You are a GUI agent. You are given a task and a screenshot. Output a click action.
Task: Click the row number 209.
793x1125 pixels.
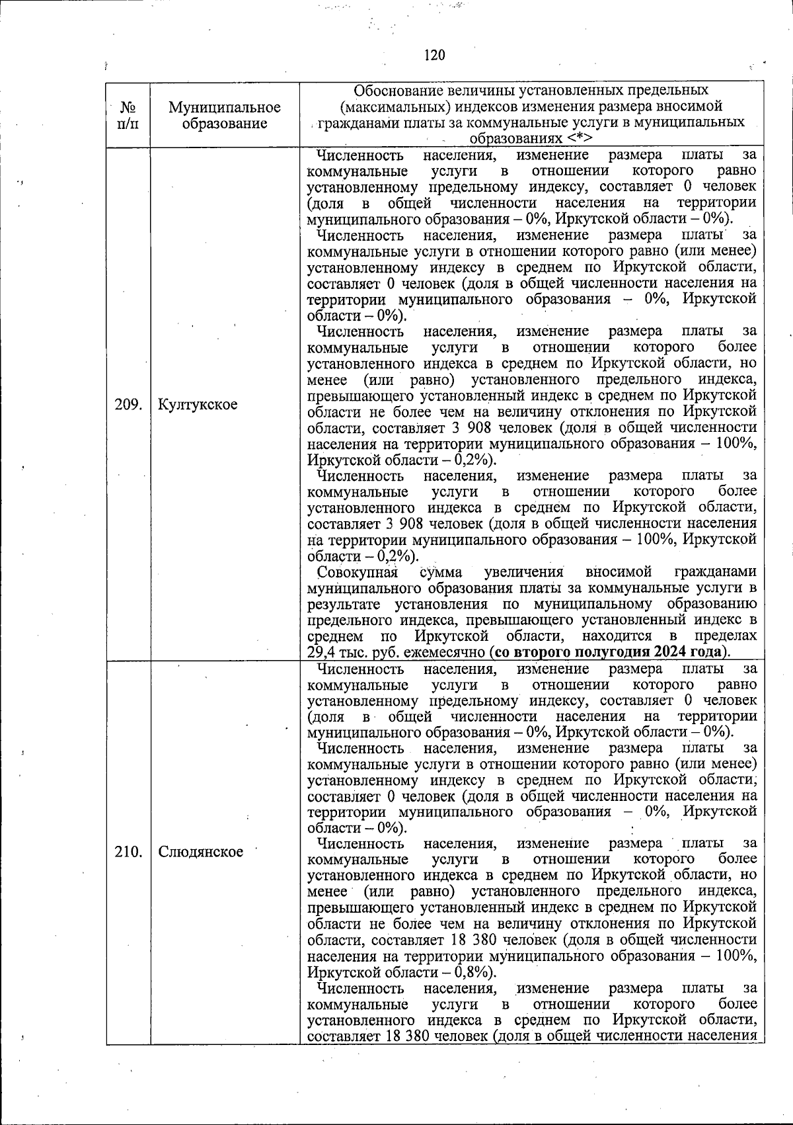click(x=129, y=404)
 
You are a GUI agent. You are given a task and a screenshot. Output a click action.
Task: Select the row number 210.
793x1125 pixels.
click(x=129, y=852)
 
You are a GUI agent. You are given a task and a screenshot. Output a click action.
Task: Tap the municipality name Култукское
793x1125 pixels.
click(x=198, y=404)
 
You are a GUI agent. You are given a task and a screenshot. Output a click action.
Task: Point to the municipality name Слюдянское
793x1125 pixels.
click(x=201, y=852)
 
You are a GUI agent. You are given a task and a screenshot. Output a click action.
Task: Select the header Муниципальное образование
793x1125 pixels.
click(x=225, y=114)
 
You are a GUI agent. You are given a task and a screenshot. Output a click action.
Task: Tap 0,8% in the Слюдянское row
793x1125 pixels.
click(x=471, y=972)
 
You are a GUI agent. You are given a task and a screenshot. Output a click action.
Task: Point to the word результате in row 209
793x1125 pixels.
click(x=346, y=604)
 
